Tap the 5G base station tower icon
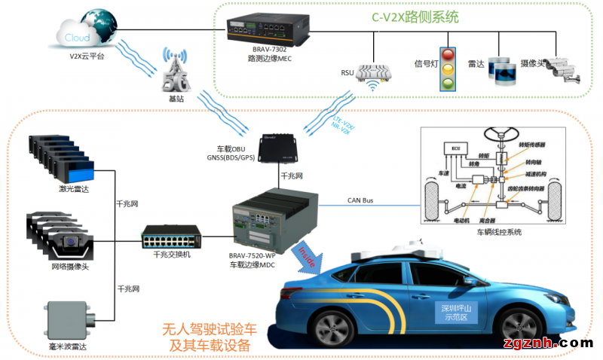click(175, 72)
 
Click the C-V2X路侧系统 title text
click(415, 17)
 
